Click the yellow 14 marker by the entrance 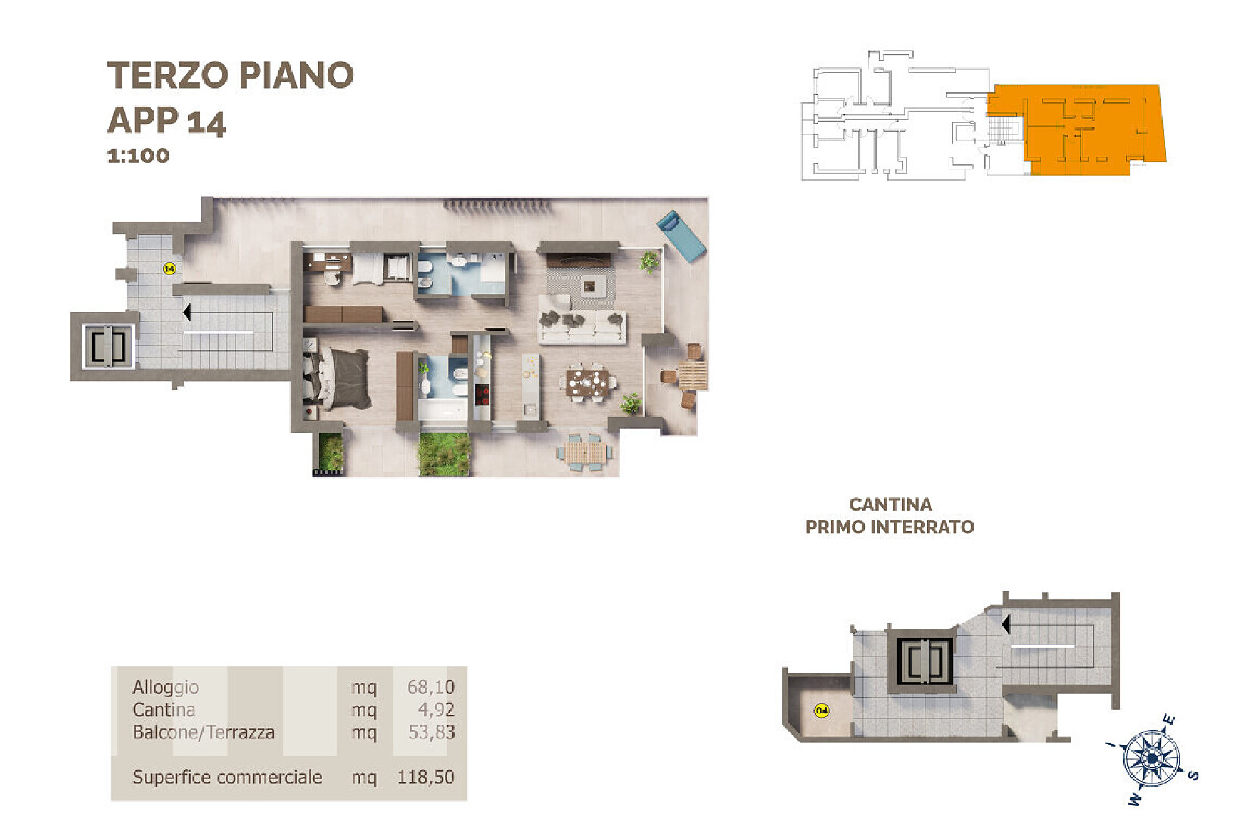(x=169, y=269)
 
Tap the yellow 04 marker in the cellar (x=822, y=710)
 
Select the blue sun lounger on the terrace (x=681, y=236)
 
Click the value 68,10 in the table (x=430, y=688)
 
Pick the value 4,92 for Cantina (x=437, y=710)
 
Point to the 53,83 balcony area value (x=432, y=732)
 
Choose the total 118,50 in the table (x=426, y=777)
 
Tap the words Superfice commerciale (x=227, y=777)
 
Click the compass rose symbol (x=1152, y=758)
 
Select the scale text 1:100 (x=138, y=156)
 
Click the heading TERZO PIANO (x=230, y=75)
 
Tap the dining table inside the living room (x=587, y=381)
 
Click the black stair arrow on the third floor (x=187, y=312)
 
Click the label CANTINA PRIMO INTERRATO (x=890, y=516)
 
